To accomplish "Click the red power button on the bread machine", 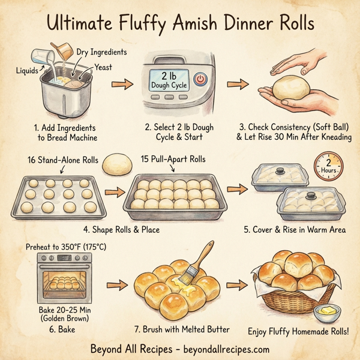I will tap(200, 78).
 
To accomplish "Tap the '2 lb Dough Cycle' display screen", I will tap(169, 79).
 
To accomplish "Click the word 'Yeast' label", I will tap(103, 67).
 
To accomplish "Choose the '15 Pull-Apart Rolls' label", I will tap(173, 159).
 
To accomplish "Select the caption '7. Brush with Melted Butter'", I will tap(181, 330).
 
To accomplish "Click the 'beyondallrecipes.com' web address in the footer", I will tap(221, 349).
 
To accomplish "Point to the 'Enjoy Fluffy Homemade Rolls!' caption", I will tap(299, 331).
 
